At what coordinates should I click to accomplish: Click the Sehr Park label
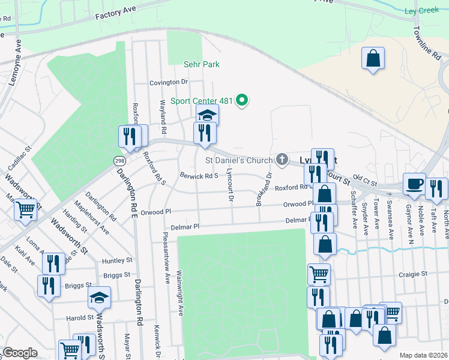point(202,64)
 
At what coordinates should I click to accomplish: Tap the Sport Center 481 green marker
point(242,100)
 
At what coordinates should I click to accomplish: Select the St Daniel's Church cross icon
point(282,160)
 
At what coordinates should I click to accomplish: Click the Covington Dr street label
point(169,82)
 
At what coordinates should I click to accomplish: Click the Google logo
point(20,353)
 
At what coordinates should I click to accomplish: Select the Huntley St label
point(117,260)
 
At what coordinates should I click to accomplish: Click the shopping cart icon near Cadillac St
point(25,209)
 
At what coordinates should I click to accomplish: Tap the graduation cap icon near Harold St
point(99,297)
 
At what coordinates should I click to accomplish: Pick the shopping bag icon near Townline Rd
point(373,58)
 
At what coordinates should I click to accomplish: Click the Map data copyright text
point(424,355)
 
